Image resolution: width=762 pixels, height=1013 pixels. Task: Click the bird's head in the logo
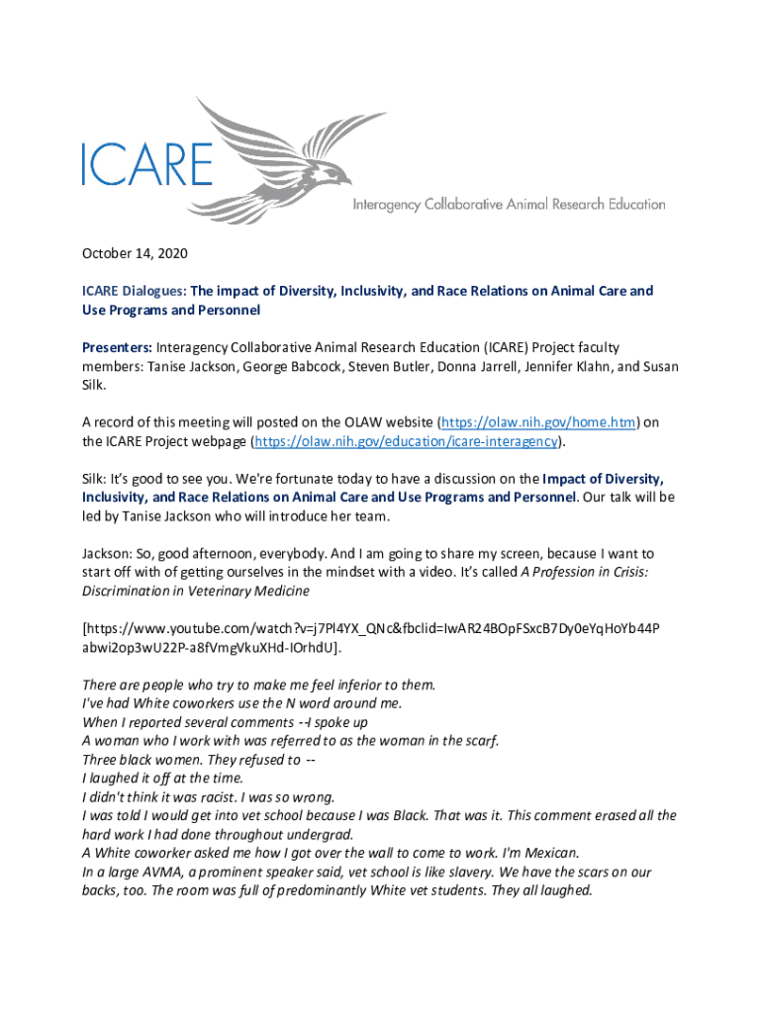(337, 177)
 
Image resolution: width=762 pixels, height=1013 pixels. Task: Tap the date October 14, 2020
(135, 254)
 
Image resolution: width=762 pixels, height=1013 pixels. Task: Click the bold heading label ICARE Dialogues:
(134, 292)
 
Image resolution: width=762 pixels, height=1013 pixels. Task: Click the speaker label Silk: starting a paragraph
(95, 478)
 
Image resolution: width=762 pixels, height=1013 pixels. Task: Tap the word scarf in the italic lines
(479, 740)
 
